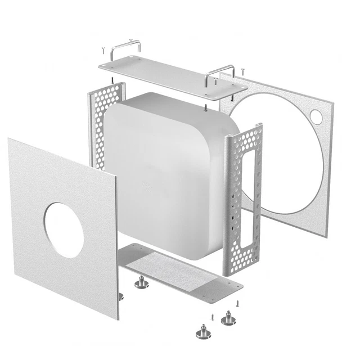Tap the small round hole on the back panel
point(316,116)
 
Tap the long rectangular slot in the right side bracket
point(247,191)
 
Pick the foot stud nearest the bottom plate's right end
point(228,318)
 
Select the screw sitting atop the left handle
point(130,40)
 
